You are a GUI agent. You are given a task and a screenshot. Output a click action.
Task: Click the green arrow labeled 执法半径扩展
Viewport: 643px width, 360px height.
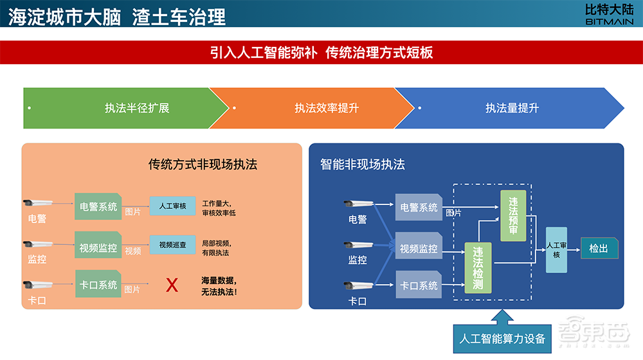tap(122, 108)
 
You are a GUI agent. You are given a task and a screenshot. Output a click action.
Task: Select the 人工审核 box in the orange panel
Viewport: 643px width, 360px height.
tap(172, 206)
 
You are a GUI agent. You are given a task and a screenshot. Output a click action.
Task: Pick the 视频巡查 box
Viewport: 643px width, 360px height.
tap(172, 244)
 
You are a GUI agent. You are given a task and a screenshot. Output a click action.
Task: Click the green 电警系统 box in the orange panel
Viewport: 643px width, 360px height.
tap(98, 207)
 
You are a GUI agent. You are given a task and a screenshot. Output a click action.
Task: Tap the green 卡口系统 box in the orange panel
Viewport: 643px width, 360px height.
tap(98, 284)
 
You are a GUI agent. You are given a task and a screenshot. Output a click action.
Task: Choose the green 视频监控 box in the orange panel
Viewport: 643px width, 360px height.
tap(98, 247)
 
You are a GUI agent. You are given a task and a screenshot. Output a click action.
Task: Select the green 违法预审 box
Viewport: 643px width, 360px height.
tap(513, 215)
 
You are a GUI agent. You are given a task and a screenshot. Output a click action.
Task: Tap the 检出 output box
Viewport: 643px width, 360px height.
tap(599, 248)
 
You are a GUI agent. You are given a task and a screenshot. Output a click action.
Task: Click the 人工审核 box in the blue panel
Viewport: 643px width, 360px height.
tap(557, 249)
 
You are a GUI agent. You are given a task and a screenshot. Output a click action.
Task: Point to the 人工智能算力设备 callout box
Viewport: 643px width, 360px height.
tap(502, 338)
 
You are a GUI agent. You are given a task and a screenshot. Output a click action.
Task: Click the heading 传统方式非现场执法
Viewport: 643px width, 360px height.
tap(203, 165)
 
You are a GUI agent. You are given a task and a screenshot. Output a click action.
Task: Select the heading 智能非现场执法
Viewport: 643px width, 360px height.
tap(363, 165)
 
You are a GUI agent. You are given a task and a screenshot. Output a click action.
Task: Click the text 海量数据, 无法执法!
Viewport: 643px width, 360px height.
tap(219, 286)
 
